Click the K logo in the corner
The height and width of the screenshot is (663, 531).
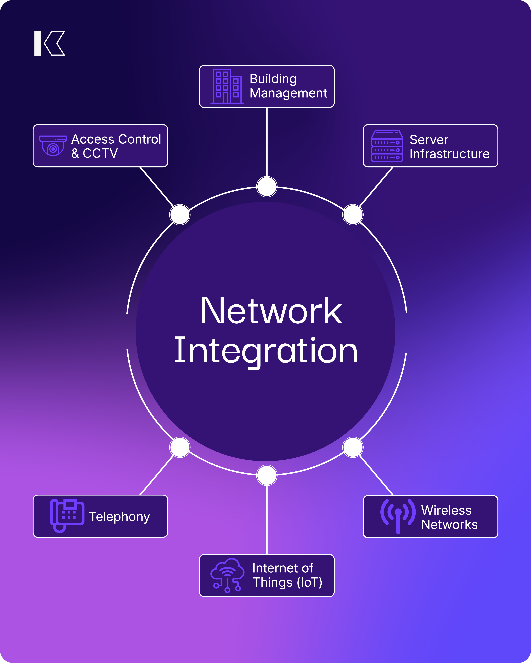(x=50, y=43)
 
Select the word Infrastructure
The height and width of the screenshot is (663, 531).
(x=449, y=154)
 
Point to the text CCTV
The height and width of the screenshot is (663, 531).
(x=100, y=153)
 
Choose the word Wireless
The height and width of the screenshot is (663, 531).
(x=446, y=510)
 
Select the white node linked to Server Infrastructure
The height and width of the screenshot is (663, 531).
(x=353, y=215)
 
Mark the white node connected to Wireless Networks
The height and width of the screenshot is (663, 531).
(x=353, y=447)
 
